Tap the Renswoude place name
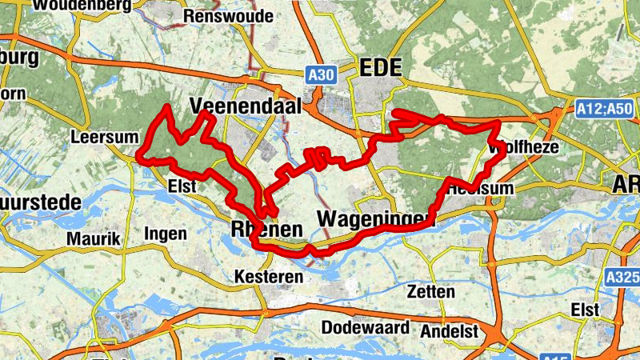[x=218, y=16]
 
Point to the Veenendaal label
[x=246, y=106]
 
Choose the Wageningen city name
[x=375, y=218]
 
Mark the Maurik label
[x=94, y=238]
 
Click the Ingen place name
[x=166, y=234]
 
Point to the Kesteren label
[x=269, y=277]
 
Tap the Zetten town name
[x=430, y=290]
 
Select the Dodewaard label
[x=366, y=328]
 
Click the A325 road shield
[x=623, y=277]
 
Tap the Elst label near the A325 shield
[x=586, y=309]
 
